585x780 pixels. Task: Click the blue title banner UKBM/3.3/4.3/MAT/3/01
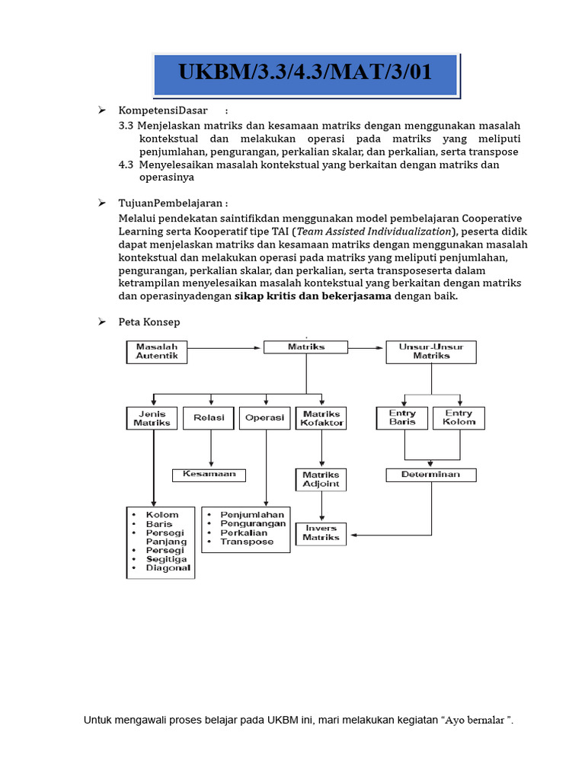[305, 73]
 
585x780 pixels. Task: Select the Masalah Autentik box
[156, 351]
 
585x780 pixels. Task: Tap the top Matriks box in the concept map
[306, 347]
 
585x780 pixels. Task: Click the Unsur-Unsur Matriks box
[431, 351]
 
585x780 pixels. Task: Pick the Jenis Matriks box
[152, 418]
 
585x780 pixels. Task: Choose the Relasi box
[209, 417]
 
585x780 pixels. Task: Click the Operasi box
[265, 417]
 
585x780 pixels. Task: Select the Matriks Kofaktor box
[321, 418]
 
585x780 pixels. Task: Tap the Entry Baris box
[402, 417]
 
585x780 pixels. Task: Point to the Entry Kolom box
[459, 417]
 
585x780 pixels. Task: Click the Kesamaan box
[209, 475]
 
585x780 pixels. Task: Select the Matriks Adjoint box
[321, 479]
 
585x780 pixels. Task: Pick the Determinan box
[431, 475]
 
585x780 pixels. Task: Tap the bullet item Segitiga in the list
[165, 558]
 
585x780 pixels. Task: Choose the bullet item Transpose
[246, 542]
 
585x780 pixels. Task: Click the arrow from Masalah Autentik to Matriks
[225, 348]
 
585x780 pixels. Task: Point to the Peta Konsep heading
[149, 322]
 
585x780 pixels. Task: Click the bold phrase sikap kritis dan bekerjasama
[312, 296]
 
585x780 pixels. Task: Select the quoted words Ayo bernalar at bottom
[477, 720]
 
